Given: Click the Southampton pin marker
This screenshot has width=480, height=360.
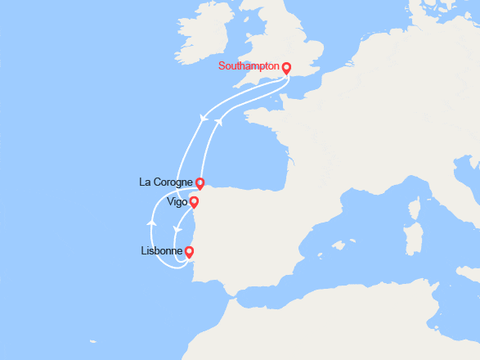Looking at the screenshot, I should pos(286,68).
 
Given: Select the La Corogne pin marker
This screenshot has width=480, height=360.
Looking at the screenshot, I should pos(200,183).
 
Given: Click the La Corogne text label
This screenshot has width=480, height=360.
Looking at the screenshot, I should pos(167,182).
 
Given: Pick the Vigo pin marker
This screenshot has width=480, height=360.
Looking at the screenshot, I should pos(194,201).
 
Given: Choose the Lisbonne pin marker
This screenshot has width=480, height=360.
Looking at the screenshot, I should pos(189,252).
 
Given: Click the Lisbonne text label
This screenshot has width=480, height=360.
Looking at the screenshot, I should pos(162,252).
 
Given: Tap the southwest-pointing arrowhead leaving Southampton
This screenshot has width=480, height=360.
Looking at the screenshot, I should pos(202,119).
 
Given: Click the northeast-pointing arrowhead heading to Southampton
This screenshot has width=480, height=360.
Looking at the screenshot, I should pos(218,120).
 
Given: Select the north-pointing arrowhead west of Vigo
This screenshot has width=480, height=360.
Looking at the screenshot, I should pos(150,221).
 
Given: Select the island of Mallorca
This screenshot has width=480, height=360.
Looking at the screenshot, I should pos(337,245).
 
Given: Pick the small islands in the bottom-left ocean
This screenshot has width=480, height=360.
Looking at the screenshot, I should pos(93,343).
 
